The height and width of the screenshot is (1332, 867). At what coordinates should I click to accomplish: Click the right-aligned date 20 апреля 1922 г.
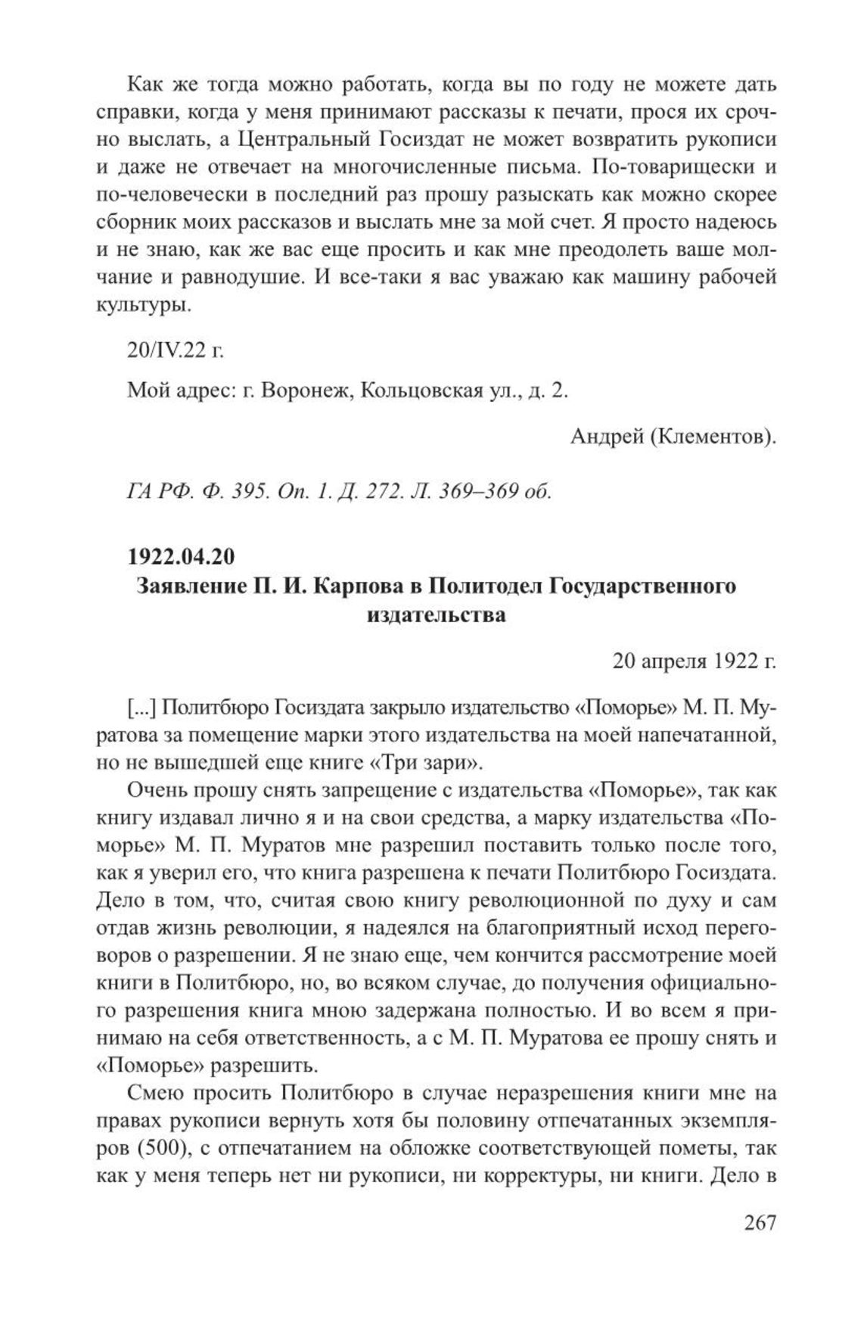(x=695, y=661)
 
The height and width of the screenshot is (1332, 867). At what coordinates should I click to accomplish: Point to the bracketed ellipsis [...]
(x=141, y=708)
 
